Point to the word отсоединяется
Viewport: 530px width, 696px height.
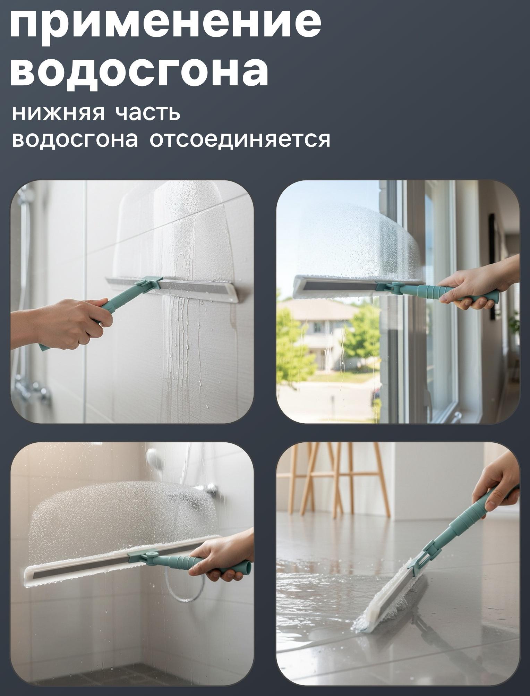(240, 139)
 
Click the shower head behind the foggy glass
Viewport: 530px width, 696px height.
(154, 456)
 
